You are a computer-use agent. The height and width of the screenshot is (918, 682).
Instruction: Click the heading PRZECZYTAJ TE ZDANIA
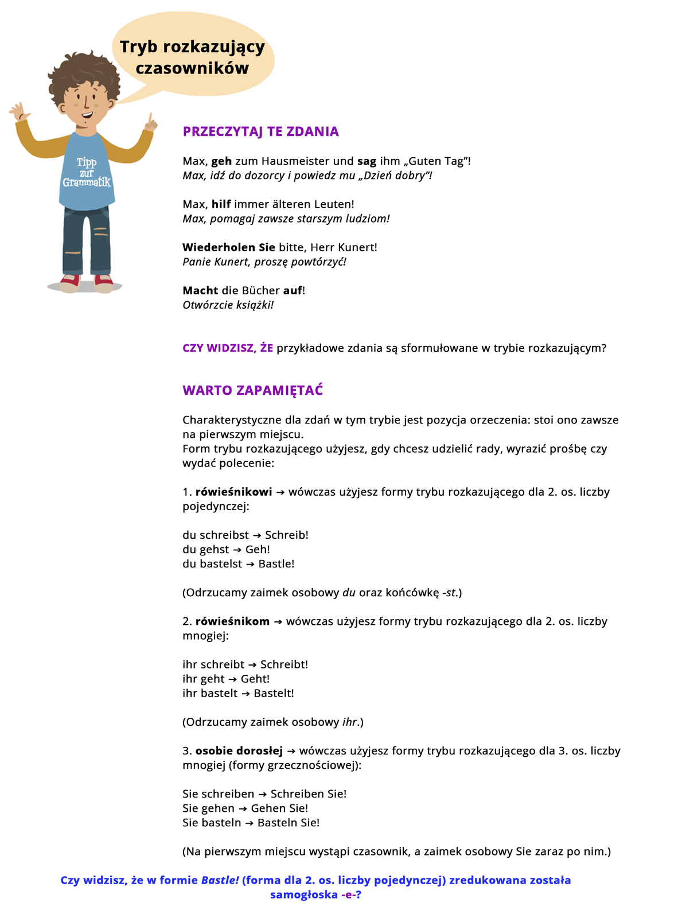coord(260,131)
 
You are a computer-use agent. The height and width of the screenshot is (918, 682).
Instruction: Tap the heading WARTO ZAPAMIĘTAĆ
coord(252,390)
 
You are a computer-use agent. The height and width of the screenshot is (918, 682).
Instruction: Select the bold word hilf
coord(221,204)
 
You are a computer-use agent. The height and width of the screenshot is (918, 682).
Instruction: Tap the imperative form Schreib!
coord(287,535)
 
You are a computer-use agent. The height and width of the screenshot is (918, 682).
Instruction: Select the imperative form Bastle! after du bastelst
coord(276,563)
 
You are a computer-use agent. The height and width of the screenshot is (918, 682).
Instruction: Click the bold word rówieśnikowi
coord(234,492)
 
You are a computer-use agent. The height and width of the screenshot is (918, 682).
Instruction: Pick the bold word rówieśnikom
coord(232,621)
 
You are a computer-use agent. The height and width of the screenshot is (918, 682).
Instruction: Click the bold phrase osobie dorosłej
coord(239,750)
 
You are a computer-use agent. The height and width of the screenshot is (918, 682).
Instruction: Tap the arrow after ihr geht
coord(232,679)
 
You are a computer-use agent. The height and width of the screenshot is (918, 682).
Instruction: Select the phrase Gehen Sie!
coord(279,808)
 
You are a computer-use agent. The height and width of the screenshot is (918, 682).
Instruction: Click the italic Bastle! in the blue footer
coord(220,880)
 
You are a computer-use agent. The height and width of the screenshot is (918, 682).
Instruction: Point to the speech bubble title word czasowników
coord(192,68)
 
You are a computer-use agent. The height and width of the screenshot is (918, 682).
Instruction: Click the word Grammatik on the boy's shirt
coord(87,182)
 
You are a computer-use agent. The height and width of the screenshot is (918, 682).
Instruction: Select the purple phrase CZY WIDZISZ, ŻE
coord(228,348)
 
